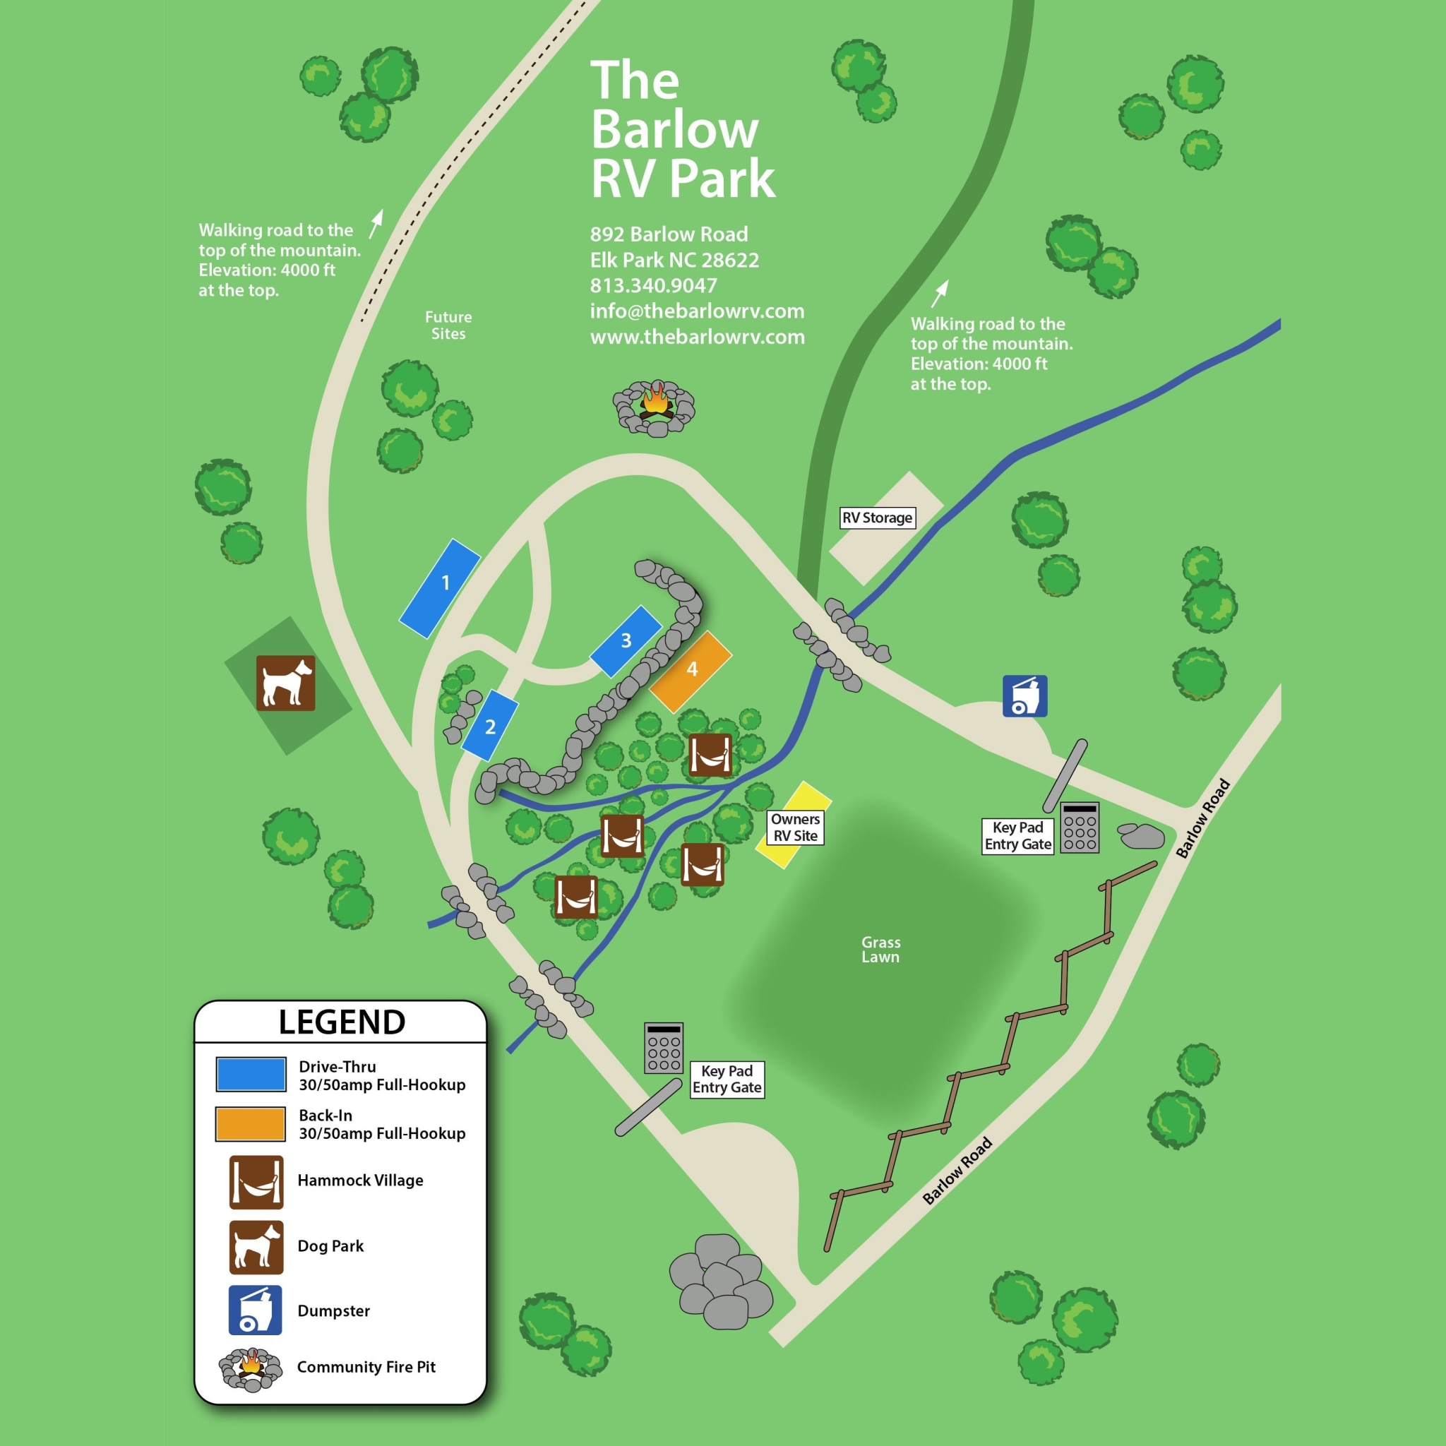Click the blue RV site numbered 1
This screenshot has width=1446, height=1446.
(439, 588)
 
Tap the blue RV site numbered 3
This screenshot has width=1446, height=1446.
(626, 641)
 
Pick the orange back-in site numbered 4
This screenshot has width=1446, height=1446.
(691, 671)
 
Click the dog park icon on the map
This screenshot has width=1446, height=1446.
(285, 683)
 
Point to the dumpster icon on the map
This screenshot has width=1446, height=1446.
(1024, 696)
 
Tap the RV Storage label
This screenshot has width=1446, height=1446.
(877, 518)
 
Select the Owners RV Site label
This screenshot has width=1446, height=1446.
(795, 827)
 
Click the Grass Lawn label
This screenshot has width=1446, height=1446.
(880, 949)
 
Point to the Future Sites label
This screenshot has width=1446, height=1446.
(448, 325)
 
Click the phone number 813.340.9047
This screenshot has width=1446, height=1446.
(653, 285)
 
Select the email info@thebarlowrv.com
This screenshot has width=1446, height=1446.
(697, 311)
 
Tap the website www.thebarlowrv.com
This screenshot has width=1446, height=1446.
(697, 337)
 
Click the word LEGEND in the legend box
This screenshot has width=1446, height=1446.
(342, 1022)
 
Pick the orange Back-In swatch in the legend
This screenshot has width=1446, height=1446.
(250, 1124)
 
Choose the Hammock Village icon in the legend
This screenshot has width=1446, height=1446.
(256, 1182)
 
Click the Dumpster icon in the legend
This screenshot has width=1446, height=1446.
(255, 1310)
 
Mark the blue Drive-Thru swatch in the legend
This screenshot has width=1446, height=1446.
(251, 1075)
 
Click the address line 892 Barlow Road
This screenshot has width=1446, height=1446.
(669, 234)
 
